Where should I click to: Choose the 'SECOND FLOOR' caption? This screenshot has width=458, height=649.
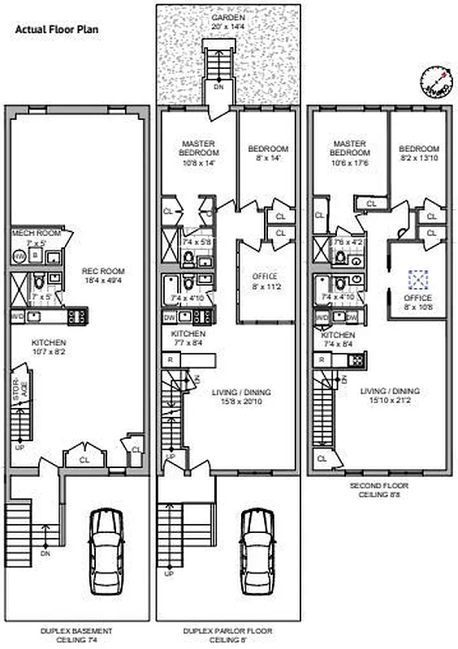379,487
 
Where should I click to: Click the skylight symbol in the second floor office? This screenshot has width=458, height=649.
418,280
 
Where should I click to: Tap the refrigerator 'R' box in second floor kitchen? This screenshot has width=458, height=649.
322,359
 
